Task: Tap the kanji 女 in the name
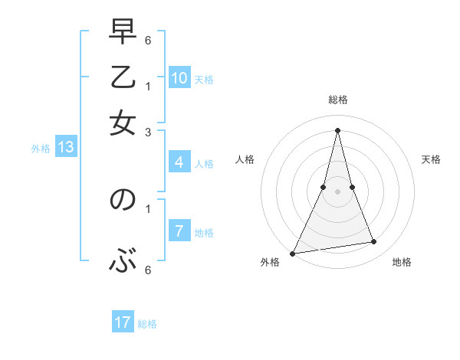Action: [123, 121]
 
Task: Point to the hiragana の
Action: [123, 201]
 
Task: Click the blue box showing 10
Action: [179, 78]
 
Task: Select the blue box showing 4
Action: [179, 162]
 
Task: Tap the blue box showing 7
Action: [179, 231]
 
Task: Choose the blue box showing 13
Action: [66, 147]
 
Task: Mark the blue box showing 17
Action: [123, 322]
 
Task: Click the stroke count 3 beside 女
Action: [147, 132]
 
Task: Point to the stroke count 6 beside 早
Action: [147, 38]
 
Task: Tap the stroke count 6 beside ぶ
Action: [147, 270]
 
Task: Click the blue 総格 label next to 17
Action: [147, 324]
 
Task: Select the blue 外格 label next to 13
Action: [41, 149]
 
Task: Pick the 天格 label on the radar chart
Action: [431, 159]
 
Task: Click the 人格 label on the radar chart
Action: [245, 159]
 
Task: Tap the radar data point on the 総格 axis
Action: [337, 129]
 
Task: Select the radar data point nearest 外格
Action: [293, 253]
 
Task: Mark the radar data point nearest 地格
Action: [374, 242]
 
